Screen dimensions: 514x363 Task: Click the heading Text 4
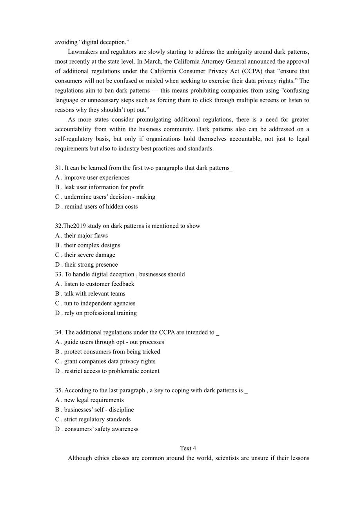coord(188,448)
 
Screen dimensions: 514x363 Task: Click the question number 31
coord(59,168)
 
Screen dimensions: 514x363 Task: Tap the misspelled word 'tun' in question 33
coord(69,303)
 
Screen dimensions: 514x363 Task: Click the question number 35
coord(59,390)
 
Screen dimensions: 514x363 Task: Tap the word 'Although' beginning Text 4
coord(80,458)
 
